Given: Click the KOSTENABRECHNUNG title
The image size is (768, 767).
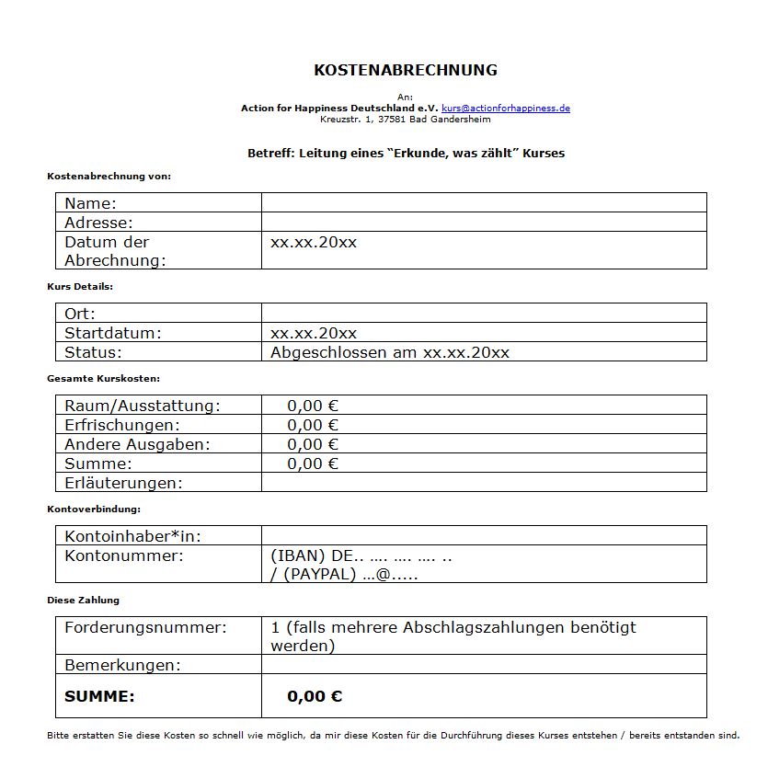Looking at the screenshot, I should (405, 70).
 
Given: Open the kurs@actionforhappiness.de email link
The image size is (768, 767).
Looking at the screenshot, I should (505, 109).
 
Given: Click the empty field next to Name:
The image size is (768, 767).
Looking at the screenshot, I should (484, 203).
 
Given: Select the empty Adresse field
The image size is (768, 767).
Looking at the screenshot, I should (484, 223).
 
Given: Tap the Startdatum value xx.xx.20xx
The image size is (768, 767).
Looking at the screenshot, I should (314, 333).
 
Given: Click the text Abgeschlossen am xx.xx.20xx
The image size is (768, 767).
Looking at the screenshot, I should (389, 352).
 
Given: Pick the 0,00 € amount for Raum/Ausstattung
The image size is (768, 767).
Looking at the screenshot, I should (313, 406).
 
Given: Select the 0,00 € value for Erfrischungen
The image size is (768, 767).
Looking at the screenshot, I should (313, 425).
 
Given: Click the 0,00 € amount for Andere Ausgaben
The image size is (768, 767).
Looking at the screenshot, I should (313, 444).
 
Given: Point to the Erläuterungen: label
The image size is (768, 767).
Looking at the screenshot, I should (123, 483).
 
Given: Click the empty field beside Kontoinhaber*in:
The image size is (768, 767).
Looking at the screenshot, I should (484, 536).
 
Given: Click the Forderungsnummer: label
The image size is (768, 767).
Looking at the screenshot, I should (145, 628).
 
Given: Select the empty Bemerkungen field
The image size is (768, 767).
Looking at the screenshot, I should (484, 665).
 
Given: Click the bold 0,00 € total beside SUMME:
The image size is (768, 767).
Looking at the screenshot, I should (315, 696).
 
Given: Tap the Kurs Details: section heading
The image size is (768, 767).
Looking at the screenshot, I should (80, 287).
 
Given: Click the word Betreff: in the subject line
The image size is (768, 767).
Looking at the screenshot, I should (271, 154).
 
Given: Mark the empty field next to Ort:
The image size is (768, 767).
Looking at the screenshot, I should (484, 314).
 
